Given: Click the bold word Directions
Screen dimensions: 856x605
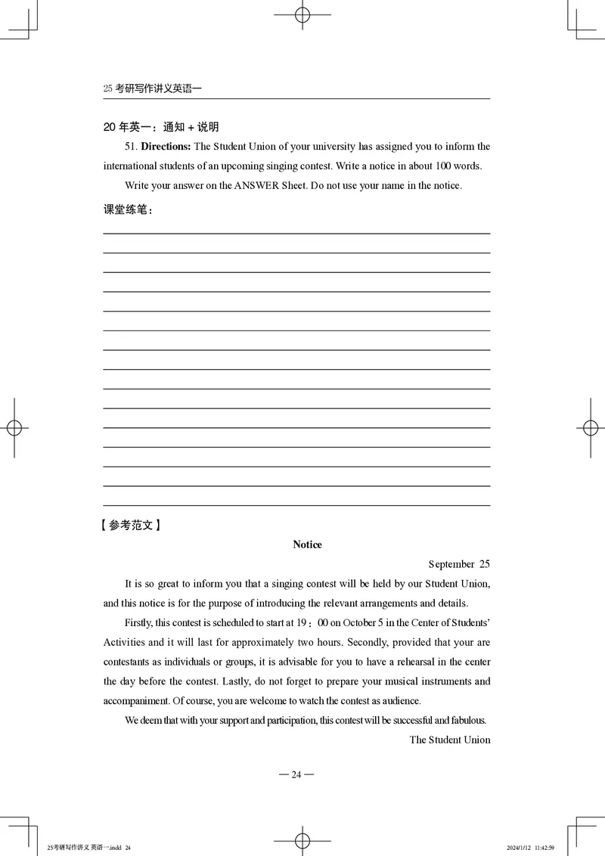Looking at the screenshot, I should point(166,147).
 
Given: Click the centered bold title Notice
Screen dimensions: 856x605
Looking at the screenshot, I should point(307,544).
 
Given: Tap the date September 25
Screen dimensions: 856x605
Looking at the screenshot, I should point(459,564).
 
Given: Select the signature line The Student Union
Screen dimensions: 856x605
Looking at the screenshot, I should point(450,740).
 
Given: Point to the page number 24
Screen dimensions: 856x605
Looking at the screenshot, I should point(296,774).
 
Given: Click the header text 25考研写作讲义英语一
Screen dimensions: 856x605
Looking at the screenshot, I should point(153,88).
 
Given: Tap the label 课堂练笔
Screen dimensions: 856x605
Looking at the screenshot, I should point(126,210).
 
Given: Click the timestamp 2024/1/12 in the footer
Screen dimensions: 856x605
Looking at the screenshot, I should point(520,848).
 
